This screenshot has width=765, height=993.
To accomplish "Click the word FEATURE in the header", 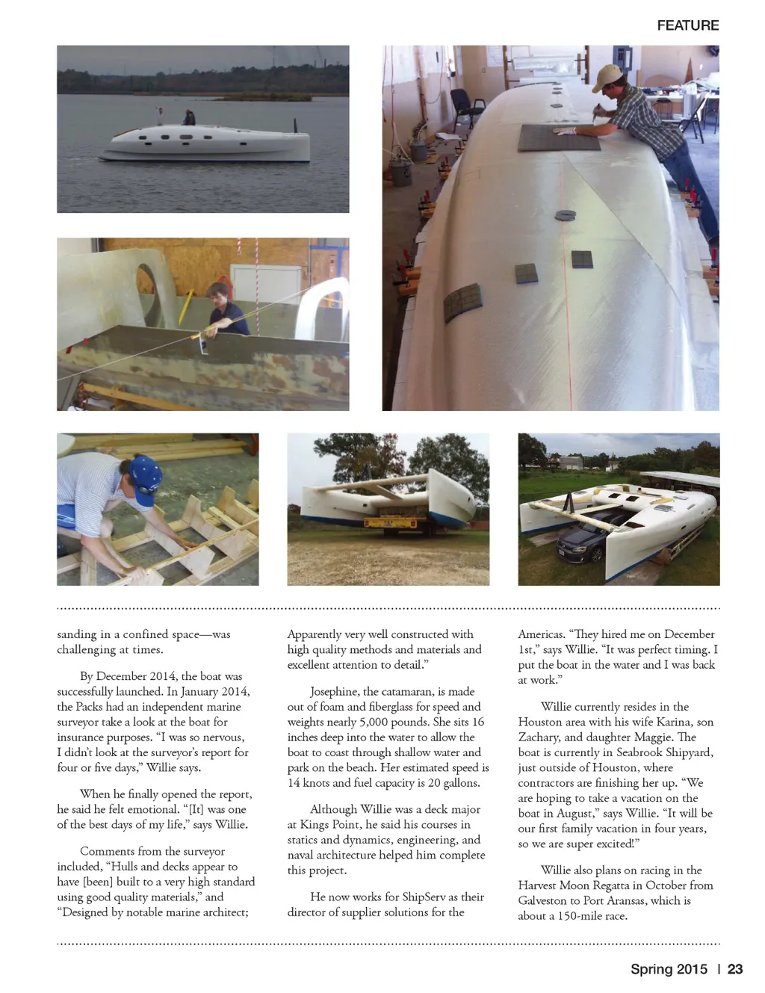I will point(687,25).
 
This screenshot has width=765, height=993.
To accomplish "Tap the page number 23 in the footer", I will point(735,969).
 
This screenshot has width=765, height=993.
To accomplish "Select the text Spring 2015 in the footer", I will point(669,969).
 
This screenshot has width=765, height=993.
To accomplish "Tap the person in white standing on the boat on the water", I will point(159,114).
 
